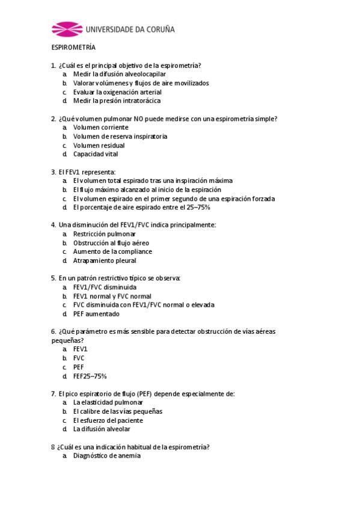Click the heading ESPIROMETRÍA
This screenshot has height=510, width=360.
coord(73,48)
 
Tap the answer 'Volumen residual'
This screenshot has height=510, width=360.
coord(99,145)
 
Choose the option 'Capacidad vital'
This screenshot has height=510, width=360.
coord(96,154)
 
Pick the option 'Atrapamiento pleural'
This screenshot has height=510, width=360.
coord(105,260)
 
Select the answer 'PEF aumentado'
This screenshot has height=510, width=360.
coord(96,313)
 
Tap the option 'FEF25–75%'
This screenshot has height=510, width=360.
coord(90,376)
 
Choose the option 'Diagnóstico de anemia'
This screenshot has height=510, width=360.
coord(107,456)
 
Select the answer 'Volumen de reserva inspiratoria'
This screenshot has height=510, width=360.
coord(120,137)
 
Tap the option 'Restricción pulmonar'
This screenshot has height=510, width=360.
coord(105,234)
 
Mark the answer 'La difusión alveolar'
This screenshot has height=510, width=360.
coord(102,429)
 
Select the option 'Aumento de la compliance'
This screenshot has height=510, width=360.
coord(112,251)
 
